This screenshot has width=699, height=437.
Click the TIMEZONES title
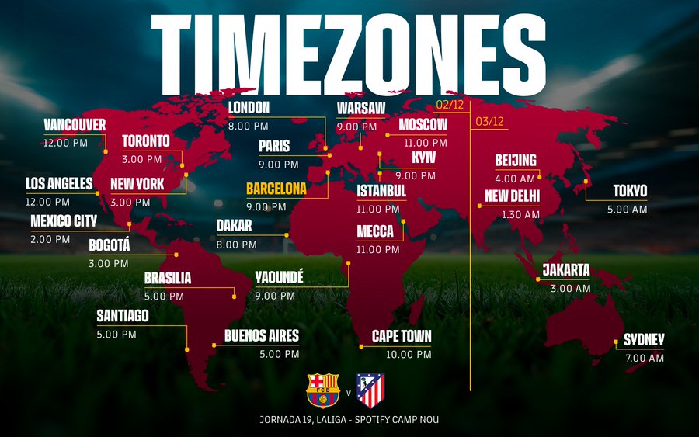(x=349, y=47)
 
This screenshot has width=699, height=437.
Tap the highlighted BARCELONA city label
(x=276, y=189)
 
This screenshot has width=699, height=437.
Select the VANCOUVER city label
(x=75, y=125)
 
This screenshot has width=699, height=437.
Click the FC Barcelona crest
(x=323, y=390)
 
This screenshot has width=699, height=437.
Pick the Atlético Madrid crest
(x=370, y=390)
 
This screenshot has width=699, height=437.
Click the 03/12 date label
(x=490, y=121)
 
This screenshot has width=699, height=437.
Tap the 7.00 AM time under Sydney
(x=645, y=359)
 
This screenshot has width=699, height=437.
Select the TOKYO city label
(x=630, y=191)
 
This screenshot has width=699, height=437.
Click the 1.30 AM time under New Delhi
(x=520, y=214)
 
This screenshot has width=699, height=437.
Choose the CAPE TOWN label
(x=402, y=336)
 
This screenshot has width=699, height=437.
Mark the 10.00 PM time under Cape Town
(x=409, y=354)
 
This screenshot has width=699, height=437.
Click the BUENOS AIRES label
(x=262, y=336)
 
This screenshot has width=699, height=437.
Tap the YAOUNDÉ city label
(x=279, y=278)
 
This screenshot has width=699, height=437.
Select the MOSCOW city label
(x=423, y=125)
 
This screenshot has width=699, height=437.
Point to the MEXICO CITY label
(x=64, y=221)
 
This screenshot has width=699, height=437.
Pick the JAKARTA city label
(x=566, y=270)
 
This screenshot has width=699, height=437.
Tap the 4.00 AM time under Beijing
(x=515, y=179)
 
